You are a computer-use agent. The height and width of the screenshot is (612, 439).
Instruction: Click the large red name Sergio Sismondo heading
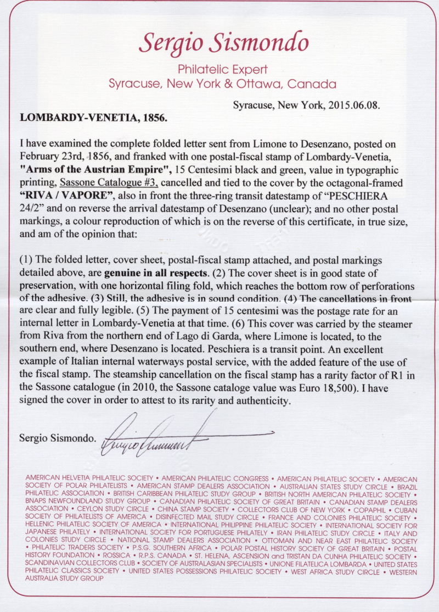[223, 42]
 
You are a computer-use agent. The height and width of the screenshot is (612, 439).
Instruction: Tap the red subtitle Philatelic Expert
[223, 70]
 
